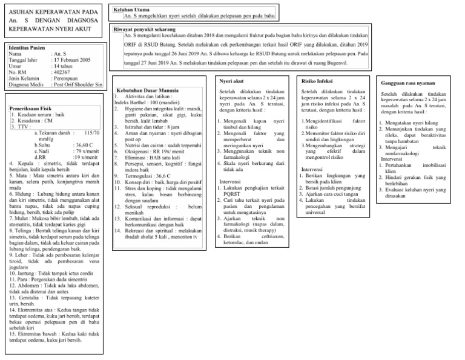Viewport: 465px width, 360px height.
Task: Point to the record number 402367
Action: click(x=62, y=73)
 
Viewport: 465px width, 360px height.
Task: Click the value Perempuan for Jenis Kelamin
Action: click(x=67, y=79)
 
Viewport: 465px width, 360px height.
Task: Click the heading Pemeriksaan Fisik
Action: click(x=31, y=108)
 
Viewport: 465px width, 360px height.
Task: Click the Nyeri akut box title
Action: click(x=232, y=79)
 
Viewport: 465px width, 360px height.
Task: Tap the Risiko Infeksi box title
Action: click(x=317, y=80)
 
